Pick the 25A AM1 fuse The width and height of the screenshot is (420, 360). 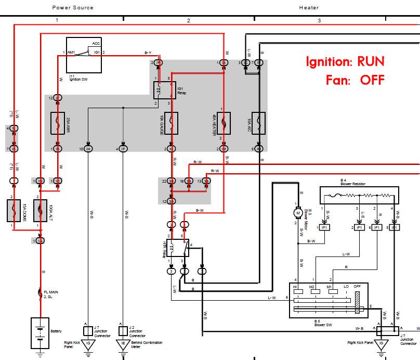(58, 123)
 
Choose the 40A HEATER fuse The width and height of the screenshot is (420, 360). (224, 123)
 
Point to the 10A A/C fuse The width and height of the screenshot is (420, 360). (258, 123)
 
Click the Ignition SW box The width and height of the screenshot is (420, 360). (83, 55)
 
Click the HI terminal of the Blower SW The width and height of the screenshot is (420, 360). (298, 292)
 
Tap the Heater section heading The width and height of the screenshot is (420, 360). (309, 7)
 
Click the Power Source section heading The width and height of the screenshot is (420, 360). (73, 7)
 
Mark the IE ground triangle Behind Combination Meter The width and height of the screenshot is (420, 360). (123, 343)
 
